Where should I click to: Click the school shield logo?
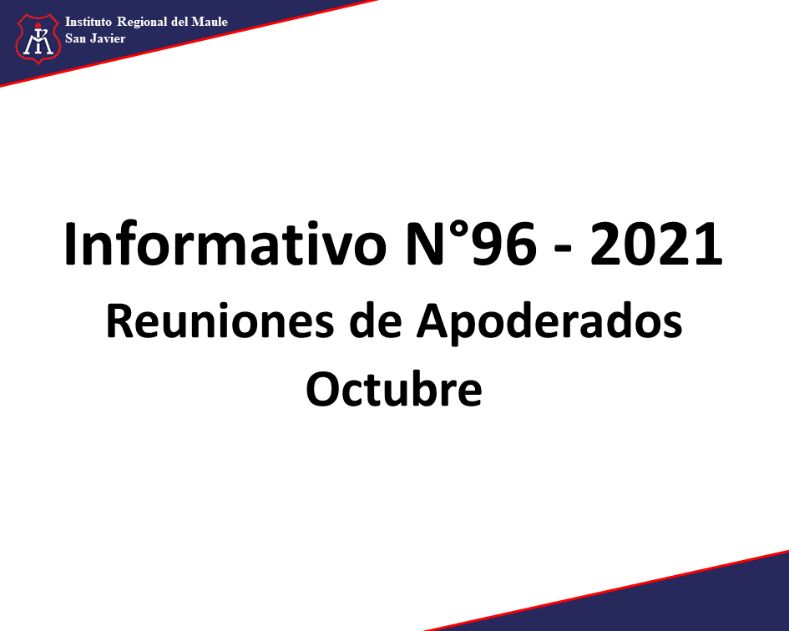tap(38, 39)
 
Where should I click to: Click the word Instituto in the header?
tap(88, 22)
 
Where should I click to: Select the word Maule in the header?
tap(210, 22)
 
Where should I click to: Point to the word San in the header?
tap(75, 38)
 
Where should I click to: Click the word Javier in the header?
tap(108, 38)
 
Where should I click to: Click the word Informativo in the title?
tap(225, 244)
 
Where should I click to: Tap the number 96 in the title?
tap(503, 244)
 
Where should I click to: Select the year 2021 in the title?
tap(656, 244)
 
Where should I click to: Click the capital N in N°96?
tap(425, 244)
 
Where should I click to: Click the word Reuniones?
tap(220, 321)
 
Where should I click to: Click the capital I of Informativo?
tap(70, 244)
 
